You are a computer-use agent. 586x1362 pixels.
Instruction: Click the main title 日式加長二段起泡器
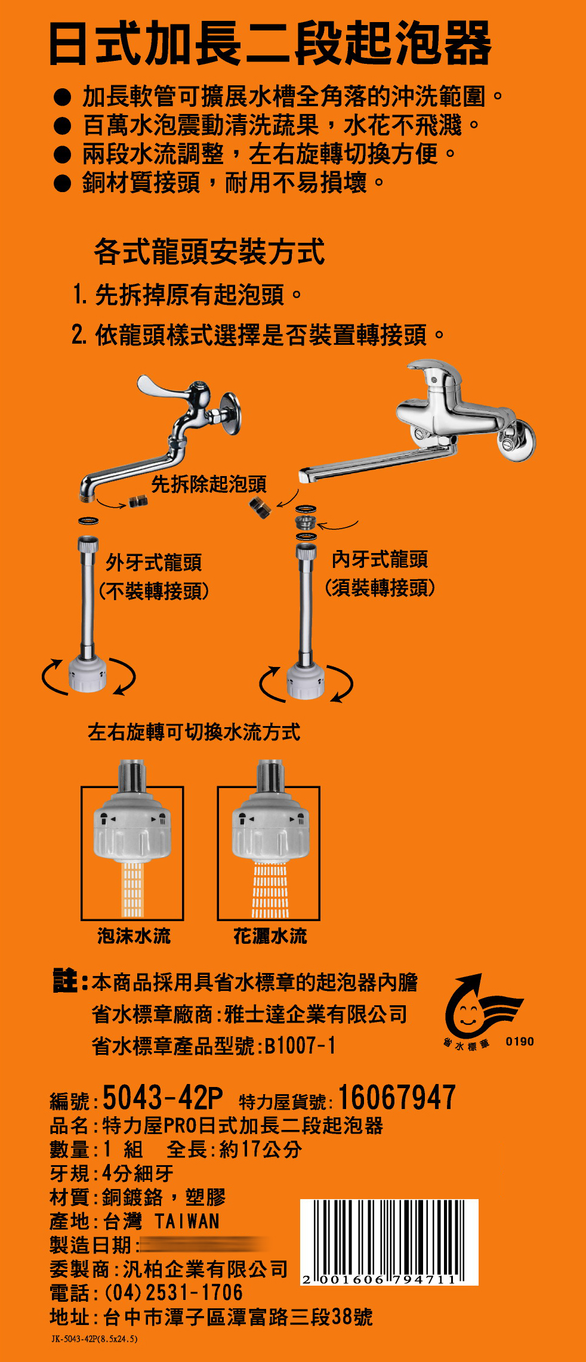tap(270, 42)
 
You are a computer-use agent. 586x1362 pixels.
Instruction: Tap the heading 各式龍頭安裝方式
tap(209, 251)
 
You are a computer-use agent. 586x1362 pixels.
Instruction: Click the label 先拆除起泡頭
tap(209, 484)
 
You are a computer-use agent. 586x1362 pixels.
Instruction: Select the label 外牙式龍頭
tap(154, 562)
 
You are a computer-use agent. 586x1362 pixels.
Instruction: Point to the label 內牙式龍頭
tap(380, 559)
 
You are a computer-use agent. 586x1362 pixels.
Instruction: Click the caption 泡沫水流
tap(134, 935)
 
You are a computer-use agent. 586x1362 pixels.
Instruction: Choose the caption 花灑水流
tap(270, 935)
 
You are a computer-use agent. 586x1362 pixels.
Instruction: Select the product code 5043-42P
tap(162, 1098)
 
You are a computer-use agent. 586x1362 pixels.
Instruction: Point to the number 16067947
tap(397, 1098)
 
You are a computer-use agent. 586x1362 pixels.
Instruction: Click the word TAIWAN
tap(187, 1221)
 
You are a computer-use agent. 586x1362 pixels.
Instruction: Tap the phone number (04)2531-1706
tap(174, 1292)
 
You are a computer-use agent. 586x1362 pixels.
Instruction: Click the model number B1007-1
tap(300, 1045)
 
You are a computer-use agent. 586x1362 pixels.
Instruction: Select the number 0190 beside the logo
tap(520, 1042)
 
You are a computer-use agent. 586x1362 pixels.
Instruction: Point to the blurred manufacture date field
tap(203, 1245)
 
